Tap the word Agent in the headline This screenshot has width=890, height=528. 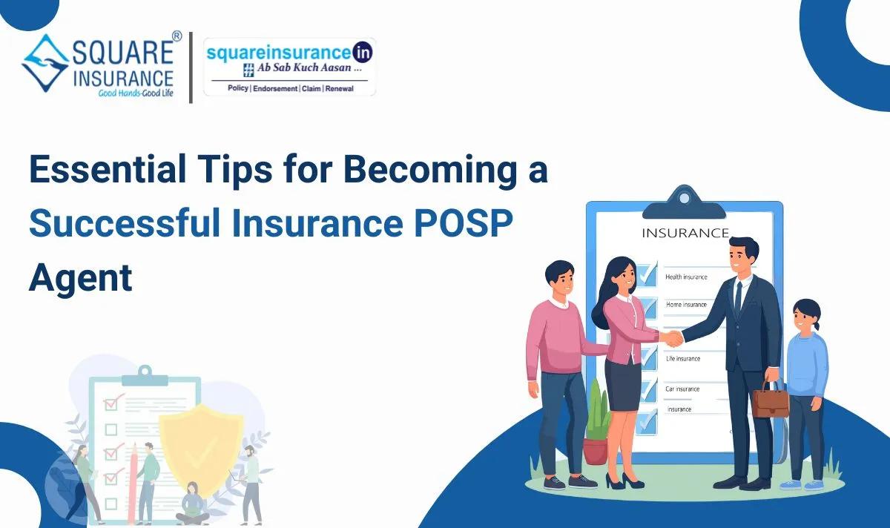[x=80, y=278]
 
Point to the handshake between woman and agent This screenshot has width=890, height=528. [x=673, y=337]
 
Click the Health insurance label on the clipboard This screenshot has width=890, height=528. [x=686, y=277]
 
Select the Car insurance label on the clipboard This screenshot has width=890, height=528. [x=682, y=389]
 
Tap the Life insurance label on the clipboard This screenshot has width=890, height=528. [x=682, y=359]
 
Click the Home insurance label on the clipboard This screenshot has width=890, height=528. [x=686, y=305]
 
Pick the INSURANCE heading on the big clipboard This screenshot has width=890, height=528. [x=685, y=233]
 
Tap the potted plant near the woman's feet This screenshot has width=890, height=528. [x=595, y=430]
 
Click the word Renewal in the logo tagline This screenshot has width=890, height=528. [x=339, y=88]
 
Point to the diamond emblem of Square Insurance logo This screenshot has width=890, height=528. [x=45, y=62]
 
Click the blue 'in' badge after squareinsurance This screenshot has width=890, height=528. [x=363, y=52]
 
